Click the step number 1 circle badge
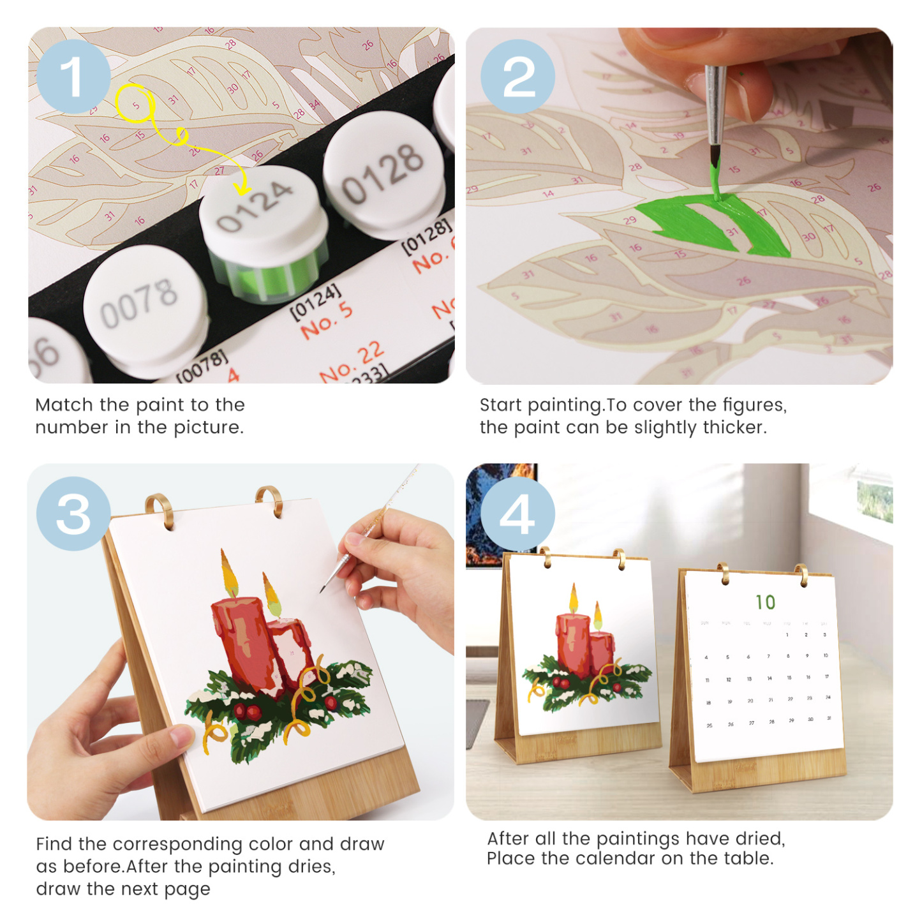tap(73, 77)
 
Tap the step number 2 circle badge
tap(517, 77)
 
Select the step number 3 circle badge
tap(73, 514)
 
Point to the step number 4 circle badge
tap(517, 514)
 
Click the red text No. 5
tap(326, 319)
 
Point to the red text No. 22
tap(352, 362)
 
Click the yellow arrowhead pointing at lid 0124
tap(242, 188)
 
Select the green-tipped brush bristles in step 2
tap(715, 160)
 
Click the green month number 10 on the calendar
tap(765, 602)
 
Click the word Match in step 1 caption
tap(64, 405)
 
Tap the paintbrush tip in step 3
tap(323, 590)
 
